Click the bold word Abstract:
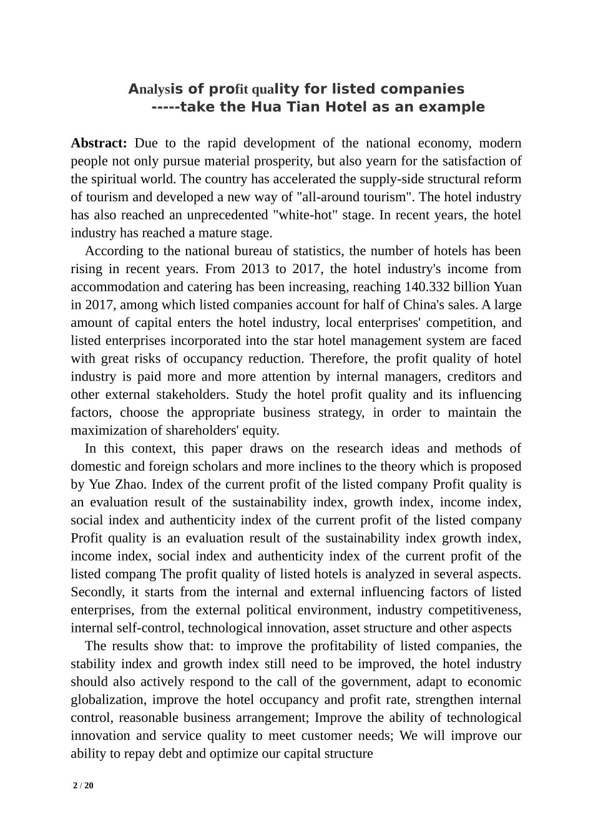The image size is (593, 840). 99,143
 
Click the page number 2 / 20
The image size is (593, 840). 83,785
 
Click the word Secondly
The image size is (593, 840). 98,592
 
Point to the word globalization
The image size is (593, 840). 108,700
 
